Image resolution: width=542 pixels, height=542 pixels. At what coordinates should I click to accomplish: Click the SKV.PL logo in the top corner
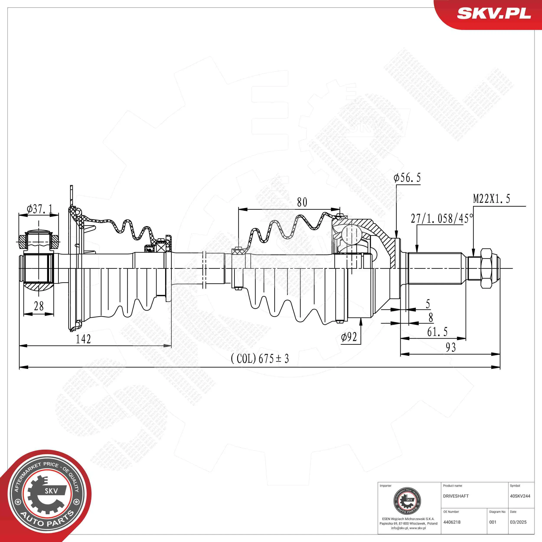494,13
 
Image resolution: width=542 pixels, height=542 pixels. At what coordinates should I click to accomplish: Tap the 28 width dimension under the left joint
39,306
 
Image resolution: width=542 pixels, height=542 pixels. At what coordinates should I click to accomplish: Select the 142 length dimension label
83,339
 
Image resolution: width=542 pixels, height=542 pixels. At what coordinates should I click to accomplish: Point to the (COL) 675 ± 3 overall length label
260,359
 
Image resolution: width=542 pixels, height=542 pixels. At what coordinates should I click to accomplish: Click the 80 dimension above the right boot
302,202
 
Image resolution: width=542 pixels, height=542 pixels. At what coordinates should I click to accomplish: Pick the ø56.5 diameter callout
407,178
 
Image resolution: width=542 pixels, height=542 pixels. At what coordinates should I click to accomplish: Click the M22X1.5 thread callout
491,199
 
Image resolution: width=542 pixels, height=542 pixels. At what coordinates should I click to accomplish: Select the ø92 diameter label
349,337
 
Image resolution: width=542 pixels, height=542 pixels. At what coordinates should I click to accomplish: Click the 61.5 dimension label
437,332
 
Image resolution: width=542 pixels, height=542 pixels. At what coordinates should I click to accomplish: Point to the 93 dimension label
451,347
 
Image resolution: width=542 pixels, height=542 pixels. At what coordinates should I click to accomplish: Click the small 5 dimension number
428,304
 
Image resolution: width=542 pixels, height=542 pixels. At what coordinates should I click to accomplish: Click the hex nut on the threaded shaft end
486,268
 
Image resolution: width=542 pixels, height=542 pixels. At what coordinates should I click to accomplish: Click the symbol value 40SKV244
520,496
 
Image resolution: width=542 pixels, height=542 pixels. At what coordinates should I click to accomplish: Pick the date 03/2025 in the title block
518,522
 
